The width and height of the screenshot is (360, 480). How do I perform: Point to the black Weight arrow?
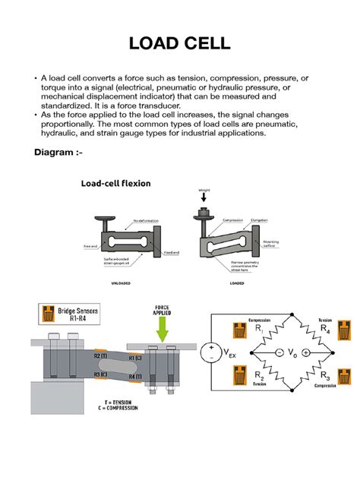point(203,197)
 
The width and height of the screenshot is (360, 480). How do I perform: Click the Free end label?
point(89,246)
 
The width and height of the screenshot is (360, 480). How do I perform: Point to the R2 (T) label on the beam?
point(99,355)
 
